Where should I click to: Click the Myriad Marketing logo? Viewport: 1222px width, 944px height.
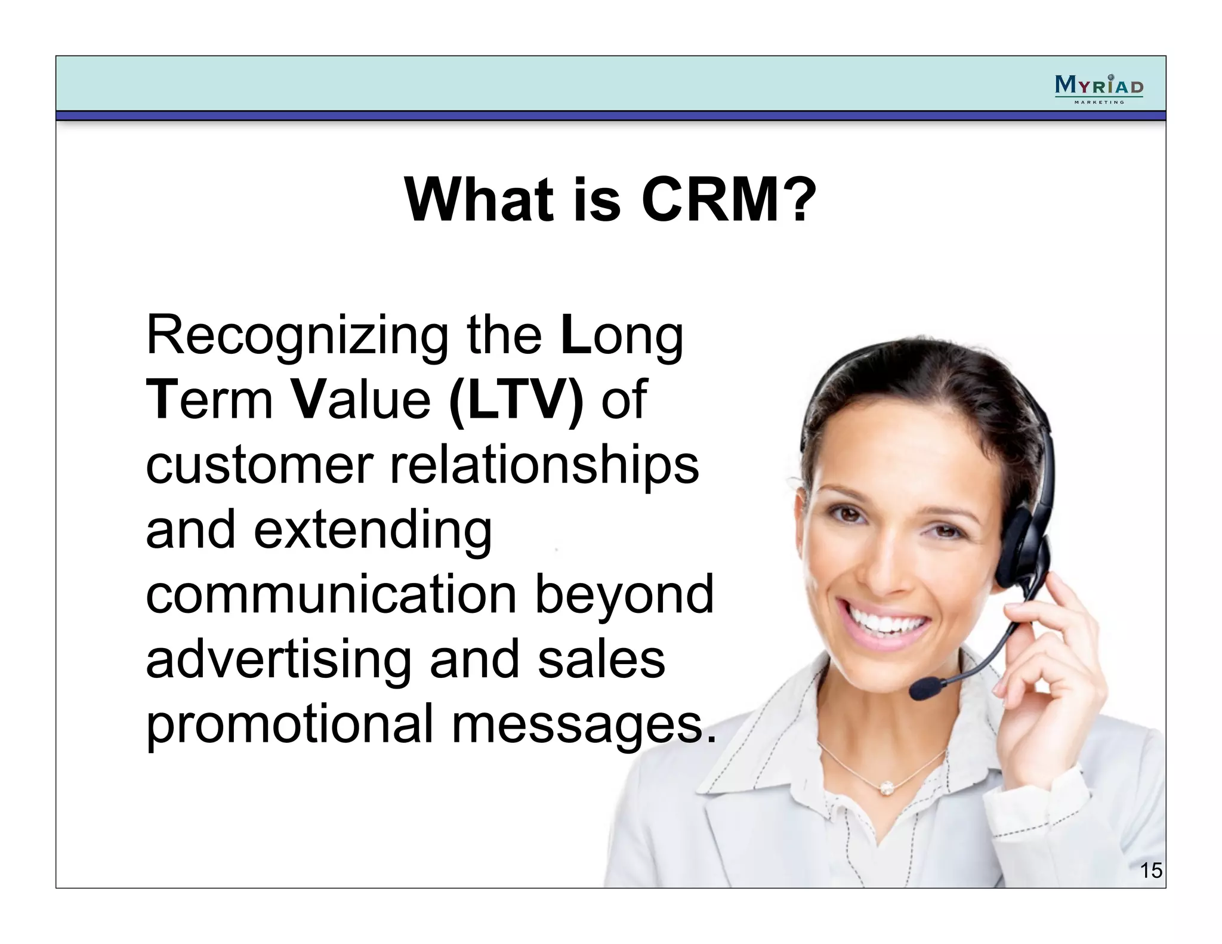click(1098, 89)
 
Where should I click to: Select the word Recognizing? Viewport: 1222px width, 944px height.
click(297, 337)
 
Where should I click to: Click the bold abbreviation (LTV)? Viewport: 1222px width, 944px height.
click(517, 401)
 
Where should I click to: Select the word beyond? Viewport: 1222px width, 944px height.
click(624, 596)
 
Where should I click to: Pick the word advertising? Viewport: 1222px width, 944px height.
click(279, 661)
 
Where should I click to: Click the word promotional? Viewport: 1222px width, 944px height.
click(289, 725)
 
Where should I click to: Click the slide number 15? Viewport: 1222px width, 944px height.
click(1150, 871)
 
